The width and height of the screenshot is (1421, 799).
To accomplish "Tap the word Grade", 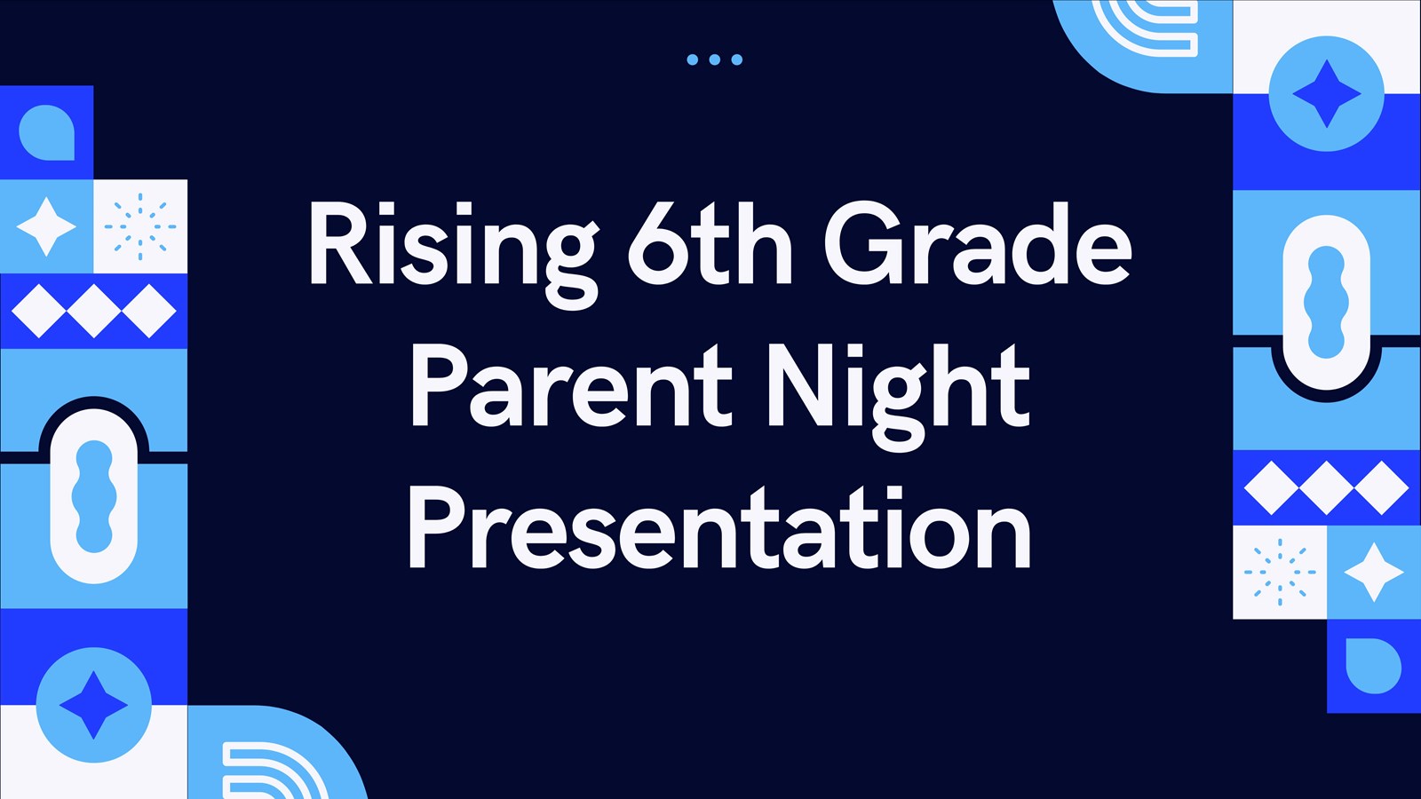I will (x=977, y=245).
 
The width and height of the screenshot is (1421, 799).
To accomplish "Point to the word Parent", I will (x=569, y=387).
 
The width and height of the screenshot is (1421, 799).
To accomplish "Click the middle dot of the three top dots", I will (x=714, y=59).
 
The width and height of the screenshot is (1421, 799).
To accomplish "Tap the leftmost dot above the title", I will (x=692, y=59).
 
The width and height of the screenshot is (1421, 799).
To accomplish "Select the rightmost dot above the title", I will (x=736, y=59).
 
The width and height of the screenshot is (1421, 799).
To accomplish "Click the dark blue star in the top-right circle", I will (x=1326, y=93).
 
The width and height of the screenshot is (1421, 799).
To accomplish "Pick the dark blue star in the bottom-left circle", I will (x=93, y=705).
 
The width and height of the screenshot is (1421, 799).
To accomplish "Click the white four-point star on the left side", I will (x=46, y=226).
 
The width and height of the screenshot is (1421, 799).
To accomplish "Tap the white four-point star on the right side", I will (x=1373, y=572).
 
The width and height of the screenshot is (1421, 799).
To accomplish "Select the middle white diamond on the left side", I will (x=93, y=311).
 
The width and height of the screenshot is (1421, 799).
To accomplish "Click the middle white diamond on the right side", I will (x=1326, y=487).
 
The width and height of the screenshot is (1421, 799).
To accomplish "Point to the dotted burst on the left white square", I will (x=140, y=226).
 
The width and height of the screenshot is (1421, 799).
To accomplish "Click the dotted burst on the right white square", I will (x=1279, y=572).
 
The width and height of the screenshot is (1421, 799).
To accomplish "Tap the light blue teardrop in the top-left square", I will (x=46, y=133).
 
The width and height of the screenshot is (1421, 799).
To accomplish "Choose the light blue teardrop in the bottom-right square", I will (x=1373, y=665).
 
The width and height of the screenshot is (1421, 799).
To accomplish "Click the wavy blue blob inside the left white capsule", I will (x=93, y=497).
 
